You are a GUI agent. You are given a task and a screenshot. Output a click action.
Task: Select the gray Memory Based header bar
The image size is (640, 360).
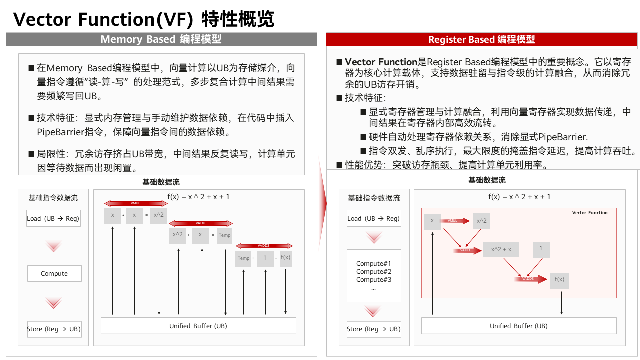161,39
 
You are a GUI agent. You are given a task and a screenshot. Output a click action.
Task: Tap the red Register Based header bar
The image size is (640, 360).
482,40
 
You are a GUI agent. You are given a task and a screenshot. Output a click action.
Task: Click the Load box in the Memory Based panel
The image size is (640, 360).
53,218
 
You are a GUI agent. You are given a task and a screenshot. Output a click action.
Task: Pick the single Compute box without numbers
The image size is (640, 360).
54,273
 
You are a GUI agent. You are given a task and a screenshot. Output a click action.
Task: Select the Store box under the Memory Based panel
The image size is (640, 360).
53,329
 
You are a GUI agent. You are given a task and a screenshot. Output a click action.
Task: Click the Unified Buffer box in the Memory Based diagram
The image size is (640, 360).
198,326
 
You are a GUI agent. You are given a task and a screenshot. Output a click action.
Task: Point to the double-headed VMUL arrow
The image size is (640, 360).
136,203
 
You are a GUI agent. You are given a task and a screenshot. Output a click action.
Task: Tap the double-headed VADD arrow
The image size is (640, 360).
200,223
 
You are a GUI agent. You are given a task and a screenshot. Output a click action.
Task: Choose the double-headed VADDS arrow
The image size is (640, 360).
264,245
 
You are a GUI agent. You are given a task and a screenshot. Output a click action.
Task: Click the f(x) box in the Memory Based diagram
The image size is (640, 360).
286,258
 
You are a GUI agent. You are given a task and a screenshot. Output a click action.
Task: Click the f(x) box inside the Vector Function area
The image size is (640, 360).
559,280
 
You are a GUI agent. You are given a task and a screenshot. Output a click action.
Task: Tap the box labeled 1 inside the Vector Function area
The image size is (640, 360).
541,249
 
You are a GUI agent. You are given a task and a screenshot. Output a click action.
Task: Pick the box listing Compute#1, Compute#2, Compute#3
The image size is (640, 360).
374,275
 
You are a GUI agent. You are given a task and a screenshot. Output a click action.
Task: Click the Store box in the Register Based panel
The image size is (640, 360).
374,329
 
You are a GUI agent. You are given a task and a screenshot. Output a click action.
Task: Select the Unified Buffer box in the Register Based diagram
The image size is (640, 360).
518,326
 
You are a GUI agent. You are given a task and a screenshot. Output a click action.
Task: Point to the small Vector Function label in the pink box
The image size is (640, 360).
590,213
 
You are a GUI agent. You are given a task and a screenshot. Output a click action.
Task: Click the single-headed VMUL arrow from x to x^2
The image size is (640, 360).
456,221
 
